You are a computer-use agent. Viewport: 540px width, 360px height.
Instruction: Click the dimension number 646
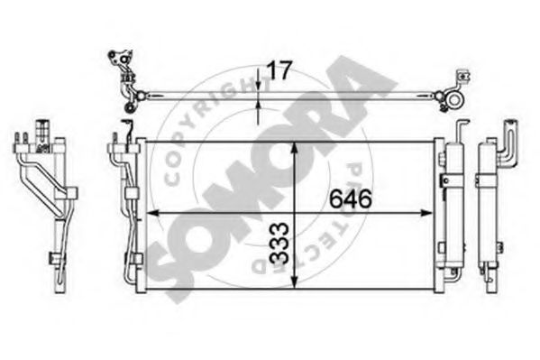351,199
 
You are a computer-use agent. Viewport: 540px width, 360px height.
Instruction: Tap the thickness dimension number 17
279,70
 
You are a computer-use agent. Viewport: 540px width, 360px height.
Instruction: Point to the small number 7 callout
127,128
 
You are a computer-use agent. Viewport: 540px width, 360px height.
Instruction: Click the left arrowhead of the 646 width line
152,214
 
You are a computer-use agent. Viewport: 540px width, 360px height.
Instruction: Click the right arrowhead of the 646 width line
426,214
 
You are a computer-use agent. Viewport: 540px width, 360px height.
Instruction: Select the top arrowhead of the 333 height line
294,149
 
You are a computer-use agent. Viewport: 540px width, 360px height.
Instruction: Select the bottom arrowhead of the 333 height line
294,282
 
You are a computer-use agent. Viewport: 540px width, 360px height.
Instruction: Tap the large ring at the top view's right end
454,99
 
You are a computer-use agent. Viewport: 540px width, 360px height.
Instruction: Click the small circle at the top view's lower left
130,108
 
